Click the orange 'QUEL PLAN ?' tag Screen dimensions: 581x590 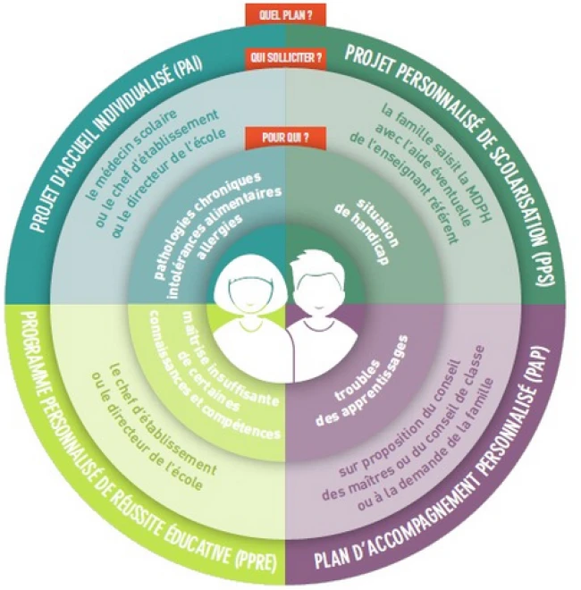(286, 15)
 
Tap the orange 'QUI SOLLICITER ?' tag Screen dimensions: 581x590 (286, 57)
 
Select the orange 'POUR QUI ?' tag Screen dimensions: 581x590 (285, 138)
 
